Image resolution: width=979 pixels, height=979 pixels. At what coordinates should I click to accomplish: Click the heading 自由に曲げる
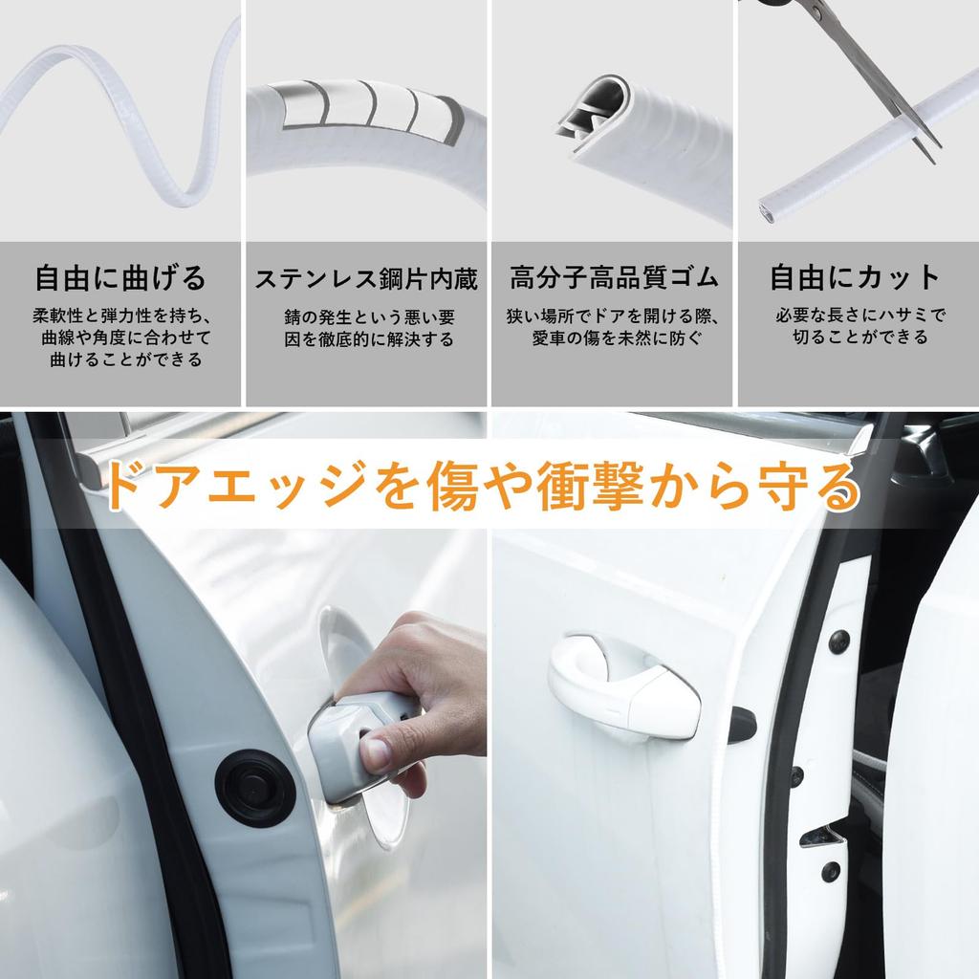point(120,278)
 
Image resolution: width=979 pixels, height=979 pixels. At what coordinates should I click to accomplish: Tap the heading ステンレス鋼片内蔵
point(366,279)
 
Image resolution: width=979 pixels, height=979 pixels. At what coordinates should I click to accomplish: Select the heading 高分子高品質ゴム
point(613,278)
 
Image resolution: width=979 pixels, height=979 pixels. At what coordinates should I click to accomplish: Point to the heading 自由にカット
point(856,278)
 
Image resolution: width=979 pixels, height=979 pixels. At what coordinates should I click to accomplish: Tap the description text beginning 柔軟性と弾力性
point(120,337)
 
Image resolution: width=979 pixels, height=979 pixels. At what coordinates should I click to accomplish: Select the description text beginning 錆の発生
point(368,327)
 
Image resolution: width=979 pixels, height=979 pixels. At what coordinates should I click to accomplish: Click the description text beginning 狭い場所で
point(613,327)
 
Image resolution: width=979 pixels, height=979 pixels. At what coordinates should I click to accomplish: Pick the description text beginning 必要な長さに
point(859,327)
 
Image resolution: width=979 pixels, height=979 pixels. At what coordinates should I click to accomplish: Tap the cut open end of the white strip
point(769,207)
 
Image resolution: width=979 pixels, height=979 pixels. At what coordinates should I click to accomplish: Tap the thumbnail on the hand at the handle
point(375,754)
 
